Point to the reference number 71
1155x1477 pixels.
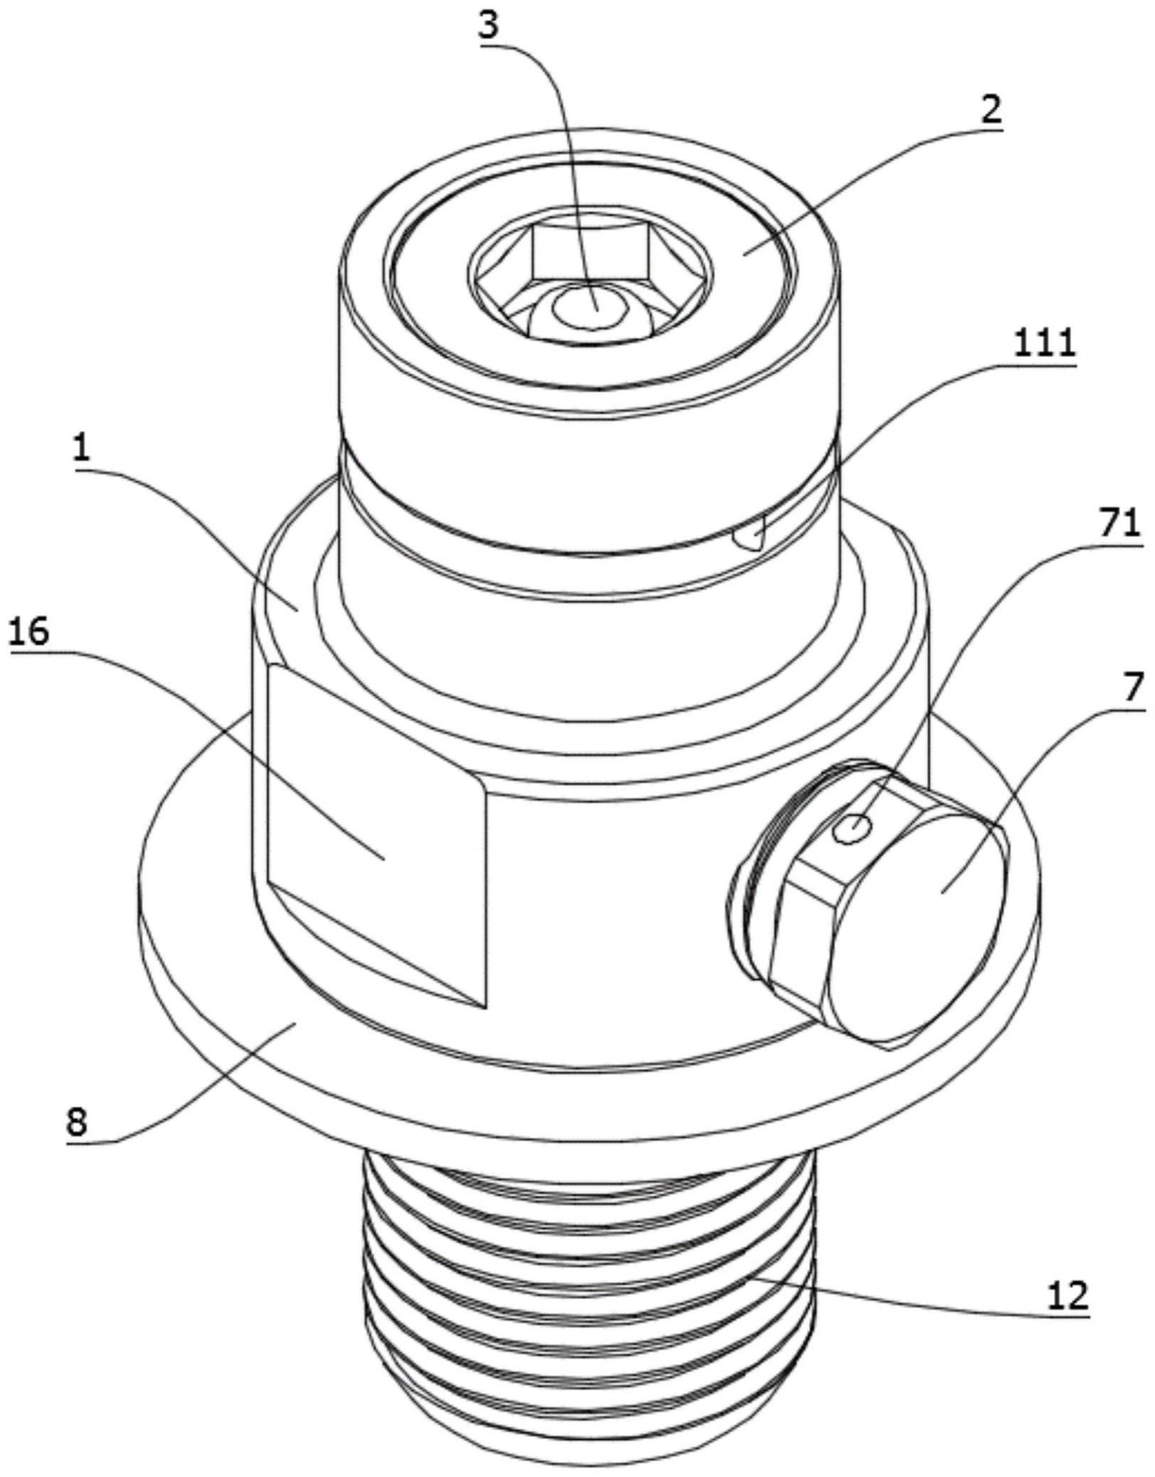[1116, 525]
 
